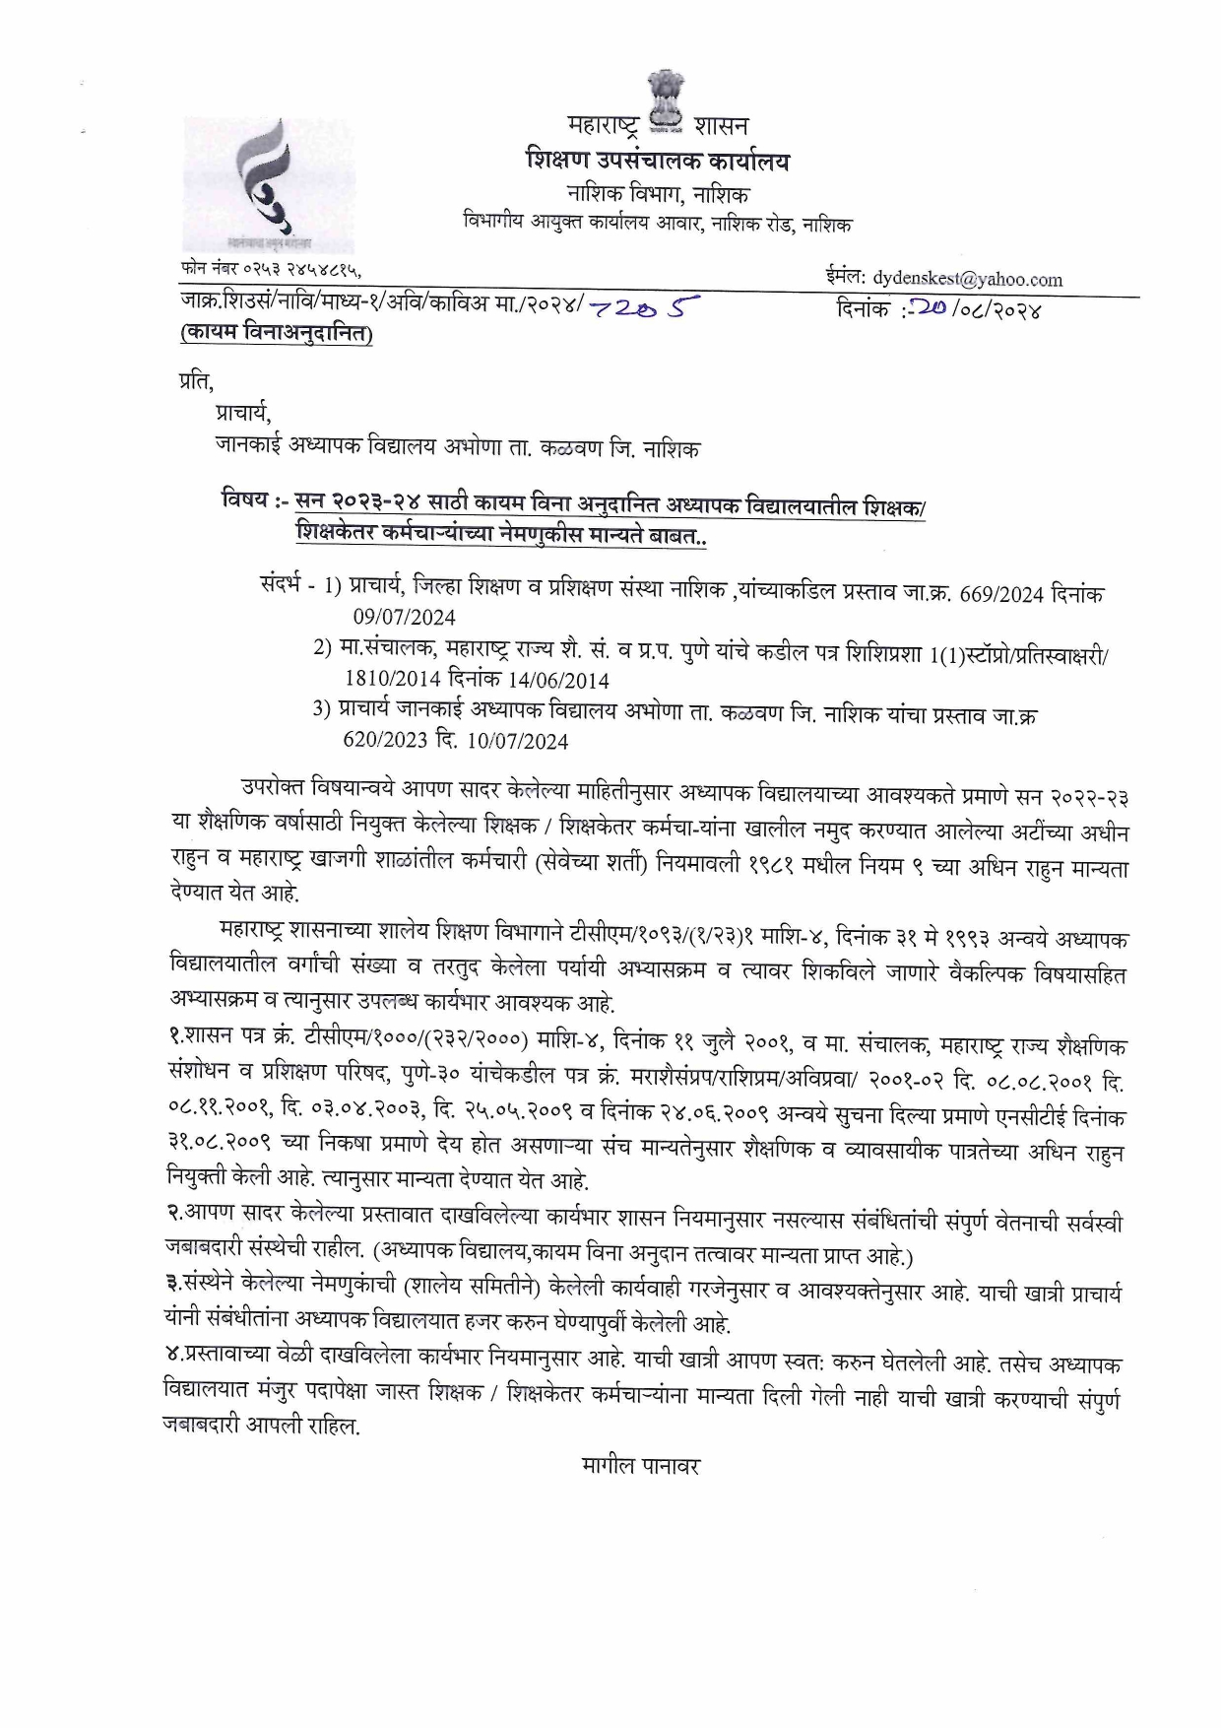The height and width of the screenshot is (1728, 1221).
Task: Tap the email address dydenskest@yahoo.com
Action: tap(968, 279)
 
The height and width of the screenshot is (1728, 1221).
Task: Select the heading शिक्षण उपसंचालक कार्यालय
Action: tap(658, 161)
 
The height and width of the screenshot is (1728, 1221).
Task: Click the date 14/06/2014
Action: tap(560, 680)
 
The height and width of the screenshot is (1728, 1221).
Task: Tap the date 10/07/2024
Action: tap(520, 741)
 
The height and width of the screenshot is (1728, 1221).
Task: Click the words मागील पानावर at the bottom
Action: tap(640, 1465)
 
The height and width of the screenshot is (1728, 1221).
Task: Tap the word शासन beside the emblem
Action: tap(721, 125)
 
